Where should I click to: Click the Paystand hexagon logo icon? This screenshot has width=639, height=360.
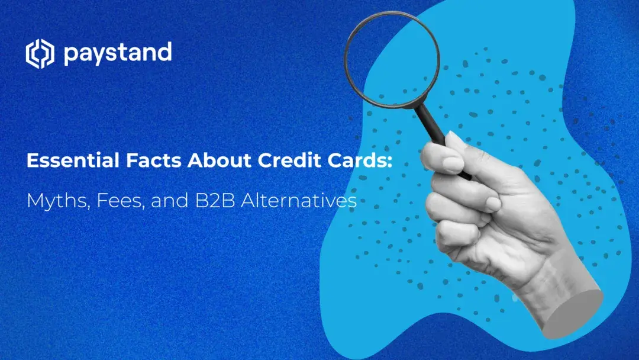pos(40,54)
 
